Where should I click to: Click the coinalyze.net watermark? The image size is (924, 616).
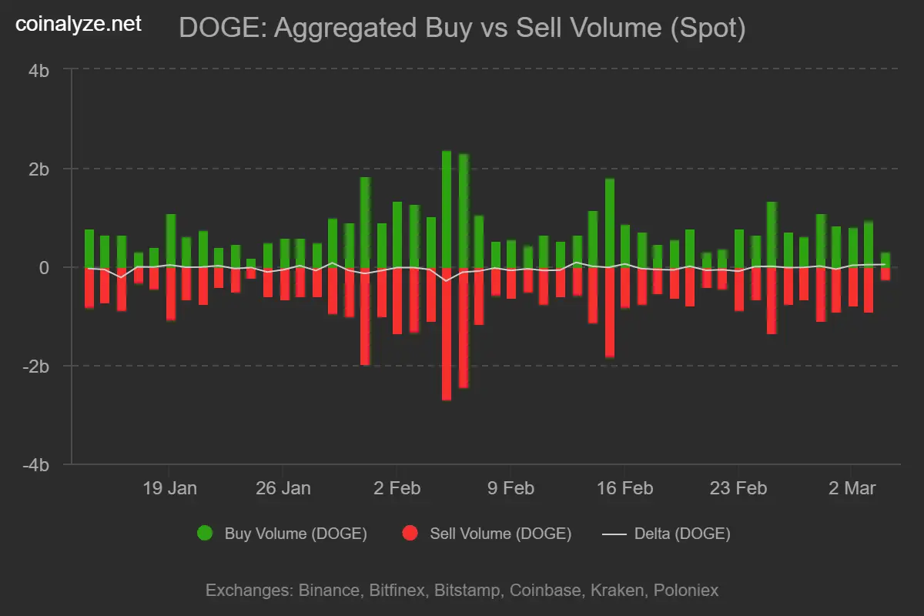(79, 24)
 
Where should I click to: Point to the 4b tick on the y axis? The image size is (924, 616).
(39, 70)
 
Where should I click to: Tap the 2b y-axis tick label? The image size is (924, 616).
(39, 169)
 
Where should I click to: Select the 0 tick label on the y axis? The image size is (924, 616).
(45, 267)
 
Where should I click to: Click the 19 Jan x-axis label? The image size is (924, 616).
(169, 488)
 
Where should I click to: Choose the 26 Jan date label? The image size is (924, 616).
(283, 488)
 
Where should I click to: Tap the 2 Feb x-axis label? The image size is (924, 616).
(397, 488)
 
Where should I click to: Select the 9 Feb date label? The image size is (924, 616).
(510, 488)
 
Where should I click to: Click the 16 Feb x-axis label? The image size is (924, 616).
(624, 488)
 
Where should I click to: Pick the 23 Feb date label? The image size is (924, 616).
(738, 488)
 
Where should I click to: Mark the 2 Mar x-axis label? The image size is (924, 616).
(850, 488)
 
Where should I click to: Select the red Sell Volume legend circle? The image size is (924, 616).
(410, 534)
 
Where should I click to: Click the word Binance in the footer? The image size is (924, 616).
(328, 591)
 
